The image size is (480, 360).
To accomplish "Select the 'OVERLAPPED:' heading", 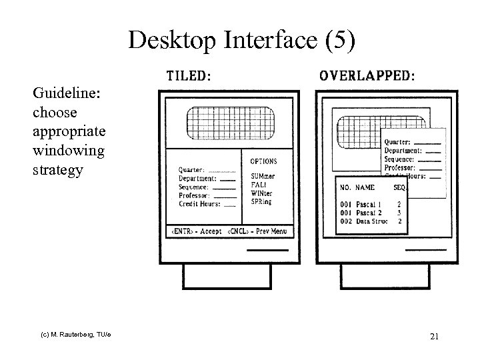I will (x=367, y=75).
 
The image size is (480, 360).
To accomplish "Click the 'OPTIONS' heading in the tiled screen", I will (x=263, y=161).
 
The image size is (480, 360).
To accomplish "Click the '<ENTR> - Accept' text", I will (x=197, y=231).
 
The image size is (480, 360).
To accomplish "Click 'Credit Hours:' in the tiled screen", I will (x=198, y=204).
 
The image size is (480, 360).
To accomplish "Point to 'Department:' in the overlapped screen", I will (x=403, y=151).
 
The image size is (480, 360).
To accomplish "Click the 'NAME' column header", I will (x=365, y=187).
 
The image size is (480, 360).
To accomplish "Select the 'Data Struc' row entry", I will (x=372, y=221).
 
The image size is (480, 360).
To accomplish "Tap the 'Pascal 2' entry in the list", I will (x=369, y=212).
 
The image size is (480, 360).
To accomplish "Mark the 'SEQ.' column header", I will (x=399, y=187).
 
